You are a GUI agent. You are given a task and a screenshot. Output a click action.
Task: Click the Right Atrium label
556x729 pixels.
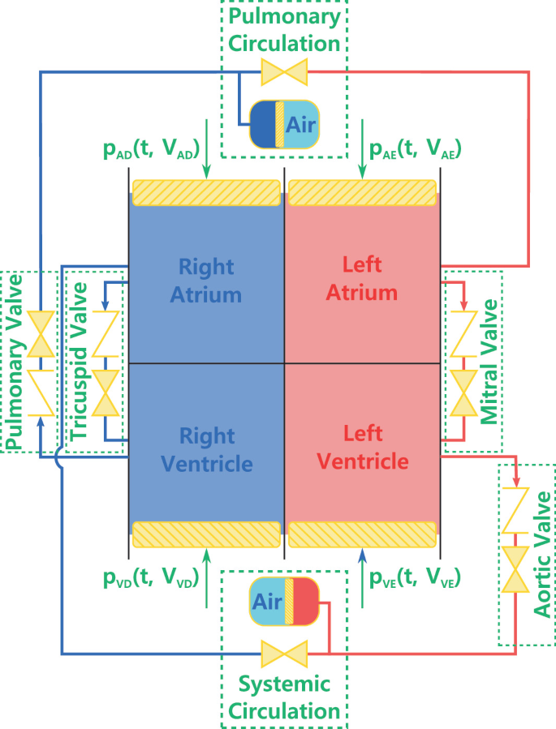click(205, 280)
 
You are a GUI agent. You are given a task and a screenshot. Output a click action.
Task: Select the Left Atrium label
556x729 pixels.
click(362, 277)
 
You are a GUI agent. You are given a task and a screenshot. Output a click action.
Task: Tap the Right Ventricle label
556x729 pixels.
click(206, 449)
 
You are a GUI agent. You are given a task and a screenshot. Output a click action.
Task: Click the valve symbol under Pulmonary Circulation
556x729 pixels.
click(283, 72)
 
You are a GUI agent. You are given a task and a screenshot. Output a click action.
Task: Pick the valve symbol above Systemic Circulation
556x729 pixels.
click(283, 654)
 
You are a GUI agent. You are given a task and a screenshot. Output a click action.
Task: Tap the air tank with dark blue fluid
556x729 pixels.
click(283, 123)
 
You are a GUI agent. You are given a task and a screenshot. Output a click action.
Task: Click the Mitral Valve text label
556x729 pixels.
click(489, 361)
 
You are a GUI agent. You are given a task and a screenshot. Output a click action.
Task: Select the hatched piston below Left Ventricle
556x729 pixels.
click(362, 534)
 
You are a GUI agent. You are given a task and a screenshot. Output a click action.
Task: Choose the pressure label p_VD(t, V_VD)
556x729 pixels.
click(149, 578)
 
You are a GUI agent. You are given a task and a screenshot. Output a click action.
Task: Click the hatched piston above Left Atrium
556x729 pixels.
click(362, 193)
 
